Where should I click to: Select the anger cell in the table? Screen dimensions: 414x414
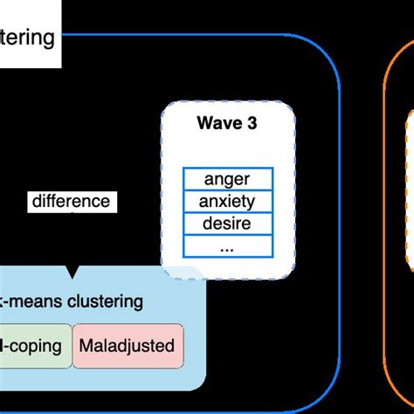(227, 179)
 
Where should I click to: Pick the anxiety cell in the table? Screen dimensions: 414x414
(227, 201)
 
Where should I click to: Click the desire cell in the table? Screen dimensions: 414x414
(227, 224)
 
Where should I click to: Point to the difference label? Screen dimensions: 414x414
(72, 202)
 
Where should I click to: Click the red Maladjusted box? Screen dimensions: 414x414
(127, 345)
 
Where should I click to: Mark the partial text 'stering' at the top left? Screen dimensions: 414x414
(28, 38)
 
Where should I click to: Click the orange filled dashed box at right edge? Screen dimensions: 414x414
(409, 192)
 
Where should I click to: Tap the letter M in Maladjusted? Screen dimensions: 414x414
(85, 345)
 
